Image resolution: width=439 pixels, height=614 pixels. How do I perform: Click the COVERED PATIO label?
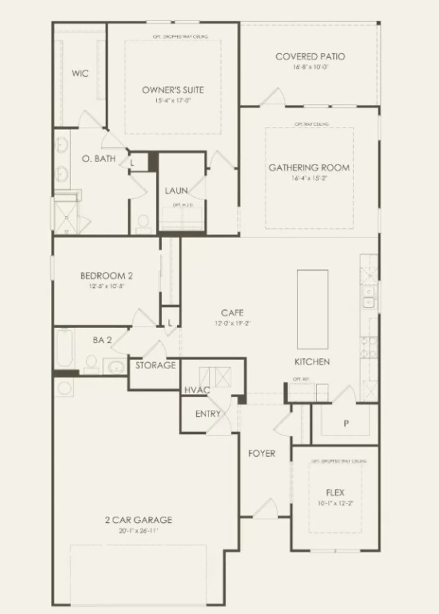310,56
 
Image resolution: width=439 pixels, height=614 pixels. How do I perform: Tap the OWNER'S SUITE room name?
173,90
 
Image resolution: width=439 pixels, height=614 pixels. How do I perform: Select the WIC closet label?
80,74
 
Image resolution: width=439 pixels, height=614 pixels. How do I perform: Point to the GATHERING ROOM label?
309,167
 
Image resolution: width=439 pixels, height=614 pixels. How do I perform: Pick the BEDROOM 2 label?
106,276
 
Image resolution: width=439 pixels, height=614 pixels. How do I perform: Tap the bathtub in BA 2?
65,348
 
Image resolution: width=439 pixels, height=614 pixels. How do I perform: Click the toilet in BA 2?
91,362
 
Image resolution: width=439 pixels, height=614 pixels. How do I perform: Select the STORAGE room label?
156,365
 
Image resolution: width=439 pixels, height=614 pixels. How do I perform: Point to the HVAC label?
197,390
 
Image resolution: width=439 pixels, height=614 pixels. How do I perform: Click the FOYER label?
262,454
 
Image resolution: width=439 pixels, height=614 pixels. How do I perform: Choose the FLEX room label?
335,492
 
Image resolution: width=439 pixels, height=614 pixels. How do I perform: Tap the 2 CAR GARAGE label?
138,520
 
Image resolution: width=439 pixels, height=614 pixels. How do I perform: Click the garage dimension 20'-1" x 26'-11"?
138,531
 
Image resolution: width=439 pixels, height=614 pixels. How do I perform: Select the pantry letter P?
346,423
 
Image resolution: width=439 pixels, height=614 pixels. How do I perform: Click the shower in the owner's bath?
66,217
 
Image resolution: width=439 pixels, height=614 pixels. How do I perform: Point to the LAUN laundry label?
177,191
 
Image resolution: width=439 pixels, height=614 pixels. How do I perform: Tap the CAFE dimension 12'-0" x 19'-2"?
232,323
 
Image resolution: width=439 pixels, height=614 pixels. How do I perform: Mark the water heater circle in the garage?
64,388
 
